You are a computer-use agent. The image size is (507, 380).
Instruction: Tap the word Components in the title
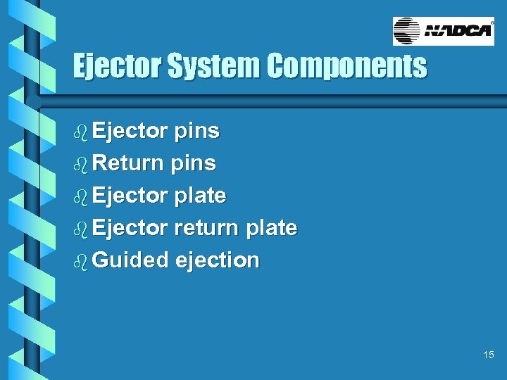pos(346,67)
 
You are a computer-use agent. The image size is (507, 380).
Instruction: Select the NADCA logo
pos(443,32)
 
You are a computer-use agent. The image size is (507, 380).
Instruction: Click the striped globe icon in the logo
pos(406,32)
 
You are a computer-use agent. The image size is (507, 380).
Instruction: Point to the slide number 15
pos(489,355)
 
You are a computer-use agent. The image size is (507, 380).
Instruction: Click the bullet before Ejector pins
pos(80,131)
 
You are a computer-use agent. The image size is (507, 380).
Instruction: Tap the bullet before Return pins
pos(80,163)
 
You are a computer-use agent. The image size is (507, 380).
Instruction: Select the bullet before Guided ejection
pos(80,260)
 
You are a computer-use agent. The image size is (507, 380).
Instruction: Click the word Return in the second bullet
pos(128,163)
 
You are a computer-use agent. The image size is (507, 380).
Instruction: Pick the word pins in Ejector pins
pos(196,131)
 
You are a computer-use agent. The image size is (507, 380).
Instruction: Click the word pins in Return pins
pos(193,163)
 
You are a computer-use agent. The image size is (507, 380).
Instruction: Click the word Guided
pos(130,260)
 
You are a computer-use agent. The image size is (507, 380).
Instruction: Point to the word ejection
pos(218,260)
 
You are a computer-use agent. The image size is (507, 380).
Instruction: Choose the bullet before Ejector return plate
pos(80,228)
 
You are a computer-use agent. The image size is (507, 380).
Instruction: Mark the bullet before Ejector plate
pos(80,196)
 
